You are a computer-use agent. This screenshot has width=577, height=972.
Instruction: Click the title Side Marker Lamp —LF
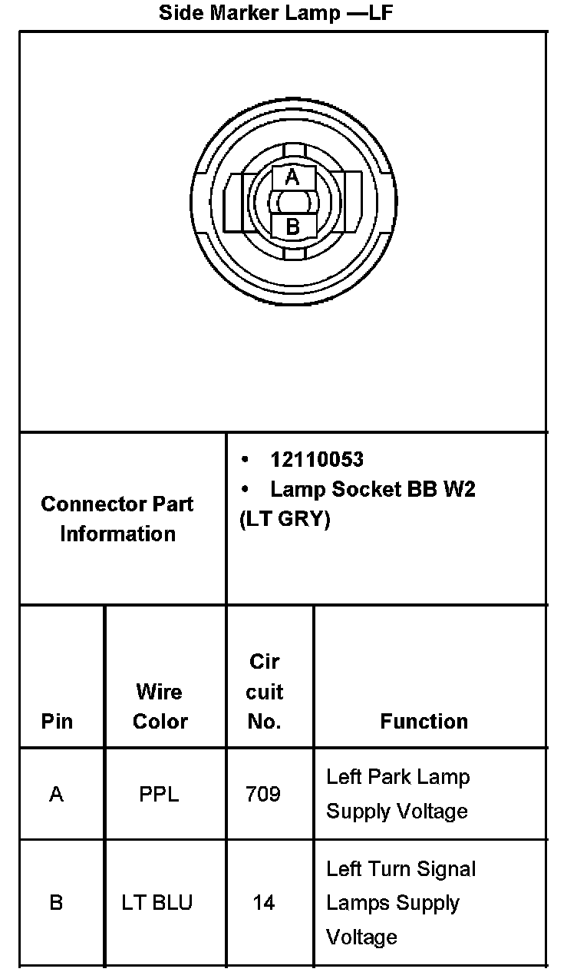(x=276, y=12)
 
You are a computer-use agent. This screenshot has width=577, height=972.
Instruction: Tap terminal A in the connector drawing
(x=292, y=178)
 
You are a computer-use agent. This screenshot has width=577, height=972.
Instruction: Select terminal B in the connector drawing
(x=292, y=226)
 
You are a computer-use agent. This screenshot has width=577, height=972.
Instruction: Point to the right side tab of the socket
(x=352, y=202)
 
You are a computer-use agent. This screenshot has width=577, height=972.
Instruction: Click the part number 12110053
(x=316, y=460)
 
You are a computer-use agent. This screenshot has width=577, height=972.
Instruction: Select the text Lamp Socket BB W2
(x=373, y=490)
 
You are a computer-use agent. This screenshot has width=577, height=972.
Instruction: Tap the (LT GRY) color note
(x=285, y=520)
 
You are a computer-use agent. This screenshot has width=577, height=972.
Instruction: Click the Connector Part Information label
(x=117, y=519)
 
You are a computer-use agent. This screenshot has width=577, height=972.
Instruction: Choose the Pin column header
(x=57, y=722)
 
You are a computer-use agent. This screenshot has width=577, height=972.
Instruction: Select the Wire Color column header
(x=160, y=706)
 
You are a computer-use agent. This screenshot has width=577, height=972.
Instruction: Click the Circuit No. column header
(x=265, y=692)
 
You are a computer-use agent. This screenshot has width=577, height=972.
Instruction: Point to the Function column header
(x=424, y=722)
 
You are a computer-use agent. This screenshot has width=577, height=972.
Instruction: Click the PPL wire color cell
(x=159, y=794)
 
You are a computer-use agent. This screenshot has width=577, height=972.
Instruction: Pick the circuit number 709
(x=262, y=794)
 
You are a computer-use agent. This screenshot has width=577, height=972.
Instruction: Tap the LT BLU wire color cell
(x=157, y=902)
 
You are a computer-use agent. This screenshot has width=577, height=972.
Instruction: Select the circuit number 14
(x=263, y=902)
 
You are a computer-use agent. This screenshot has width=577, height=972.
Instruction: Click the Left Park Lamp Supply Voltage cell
(x=397, y=794)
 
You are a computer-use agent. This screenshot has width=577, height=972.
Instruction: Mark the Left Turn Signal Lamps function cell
(x=401, y=903)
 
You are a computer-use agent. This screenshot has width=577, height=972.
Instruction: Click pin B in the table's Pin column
(x=56, y=902)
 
